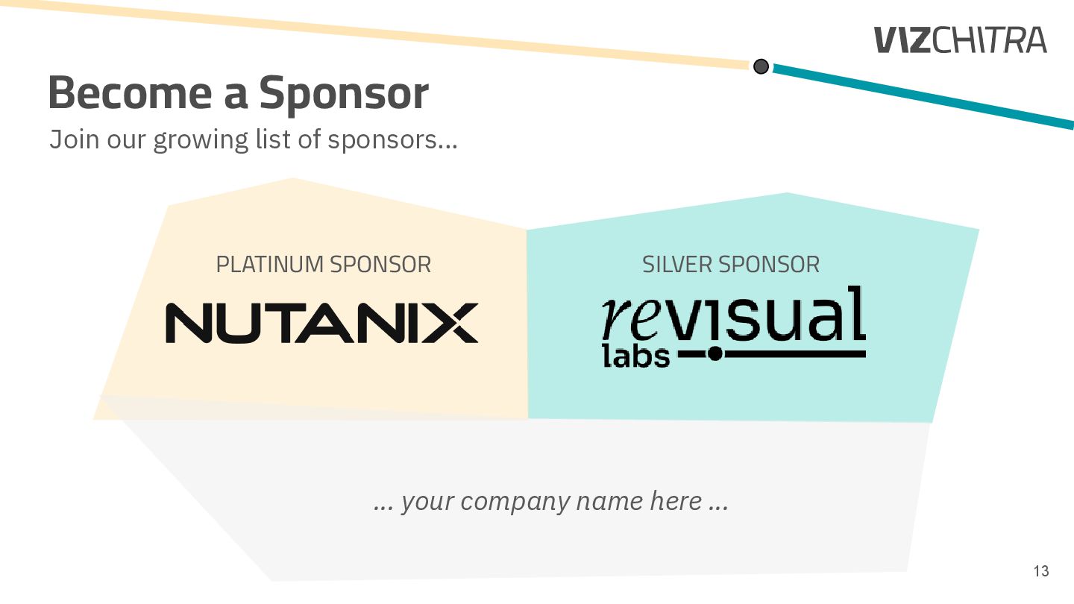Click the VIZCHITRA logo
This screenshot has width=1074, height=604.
961,40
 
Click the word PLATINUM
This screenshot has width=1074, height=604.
270,264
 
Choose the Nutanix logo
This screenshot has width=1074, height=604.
321,323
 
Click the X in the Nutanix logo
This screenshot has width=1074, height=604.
452,323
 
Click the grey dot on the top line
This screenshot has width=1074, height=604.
761,66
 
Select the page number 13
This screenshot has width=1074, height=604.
1040,571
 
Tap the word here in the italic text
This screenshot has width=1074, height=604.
675,501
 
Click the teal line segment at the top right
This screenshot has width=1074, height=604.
925,96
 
